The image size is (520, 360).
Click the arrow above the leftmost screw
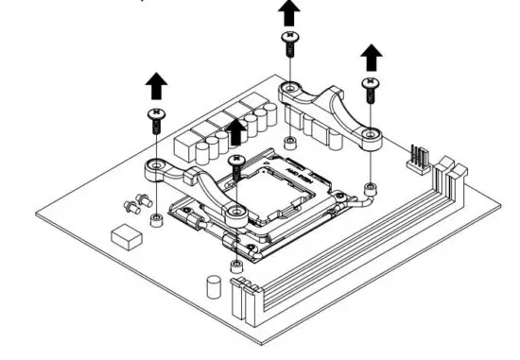click(155, 87)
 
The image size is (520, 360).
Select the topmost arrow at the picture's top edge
click(288, 14)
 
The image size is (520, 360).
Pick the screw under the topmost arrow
click(288, 38)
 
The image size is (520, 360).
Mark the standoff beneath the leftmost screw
click(155, 220)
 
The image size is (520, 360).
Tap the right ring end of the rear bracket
click(372, 138)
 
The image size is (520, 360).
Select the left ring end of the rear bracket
click(289, 93)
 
